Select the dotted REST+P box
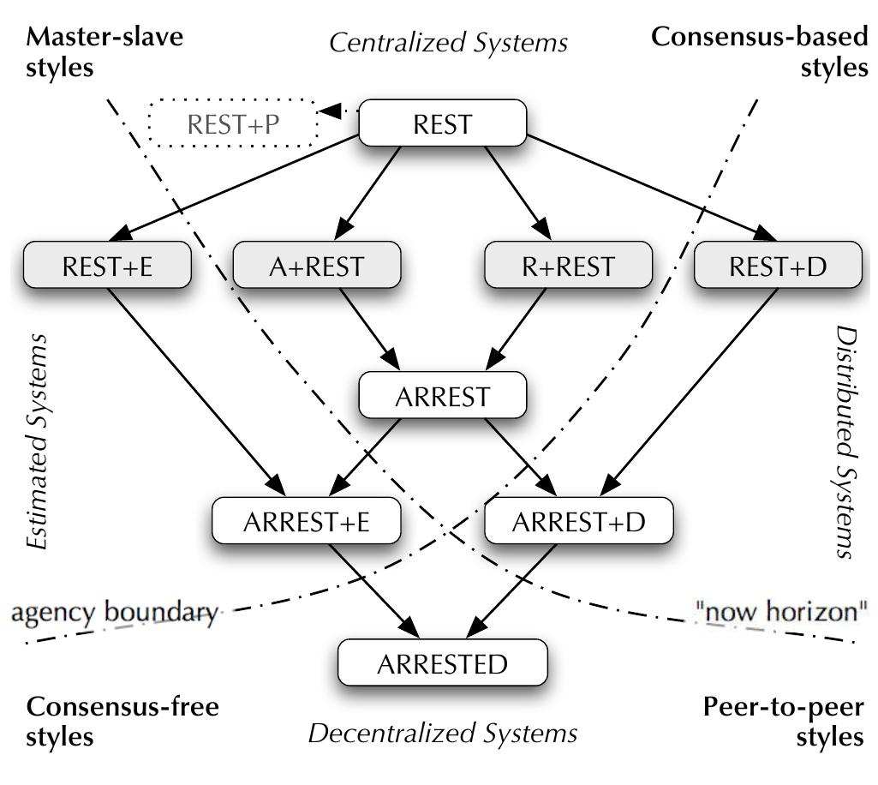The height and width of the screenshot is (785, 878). [233, 125]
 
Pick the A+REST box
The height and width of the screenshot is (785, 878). [316, 266]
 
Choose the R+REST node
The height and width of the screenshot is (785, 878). [568, 266]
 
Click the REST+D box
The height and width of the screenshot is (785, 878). [777, 266]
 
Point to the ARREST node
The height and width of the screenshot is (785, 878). [442, 397]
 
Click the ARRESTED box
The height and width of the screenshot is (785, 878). [443, 662]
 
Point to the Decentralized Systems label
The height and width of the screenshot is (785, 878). [443, 734]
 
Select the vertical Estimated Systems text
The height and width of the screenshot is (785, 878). [36, 440]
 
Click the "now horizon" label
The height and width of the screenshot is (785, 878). [781, 612]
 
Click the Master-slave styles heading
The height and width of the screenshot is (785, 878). [105, 51]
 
